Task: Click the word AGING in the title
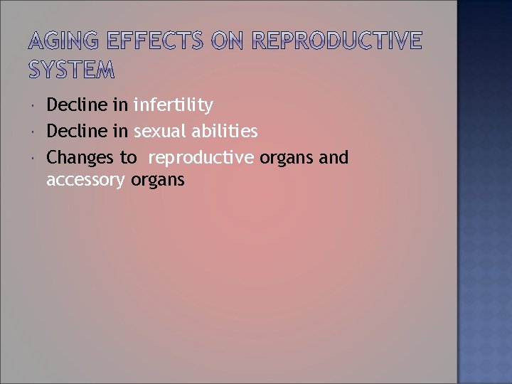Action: click(x=63, y=42)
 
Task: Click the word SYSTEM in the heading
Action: click(x=71, y=70)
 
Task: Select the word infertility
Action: click(x=173, y=106)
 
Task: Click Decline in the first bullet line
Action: click(x=77, y=106)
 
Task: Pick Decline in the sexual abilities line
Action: click(x=77, y=132)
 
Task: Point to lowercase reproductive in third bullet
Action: click(x=201, y=158)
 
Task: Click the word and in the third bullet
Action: click(x=334, y=157)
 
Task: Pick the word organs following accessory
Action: click(x=158, y=181)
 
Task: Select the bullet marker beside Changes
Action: click(x=34, y=158)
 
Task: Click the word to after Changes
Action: click(x=128, y=158)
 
